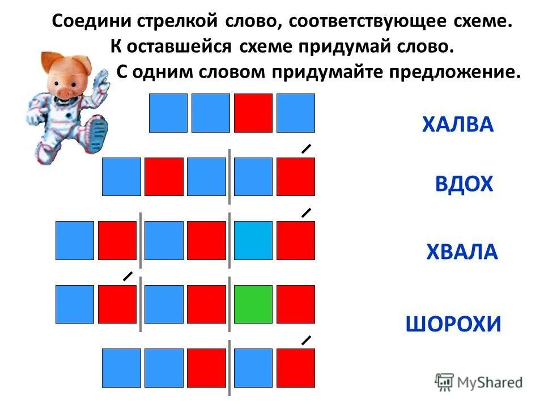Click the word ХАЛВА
457,125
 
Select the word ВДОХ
464,185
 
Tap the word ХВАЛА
462,252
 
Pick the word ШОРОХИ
454,324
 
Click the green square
253,304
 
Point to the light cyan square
253,240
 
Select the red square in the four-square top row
253,113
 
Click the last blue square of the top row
296,113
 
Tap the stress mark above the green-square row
128,277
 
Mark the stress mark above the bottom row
306,341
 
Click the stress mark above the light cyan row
306,213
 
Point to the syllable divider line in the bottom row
229,368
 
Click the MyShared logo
479,382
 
